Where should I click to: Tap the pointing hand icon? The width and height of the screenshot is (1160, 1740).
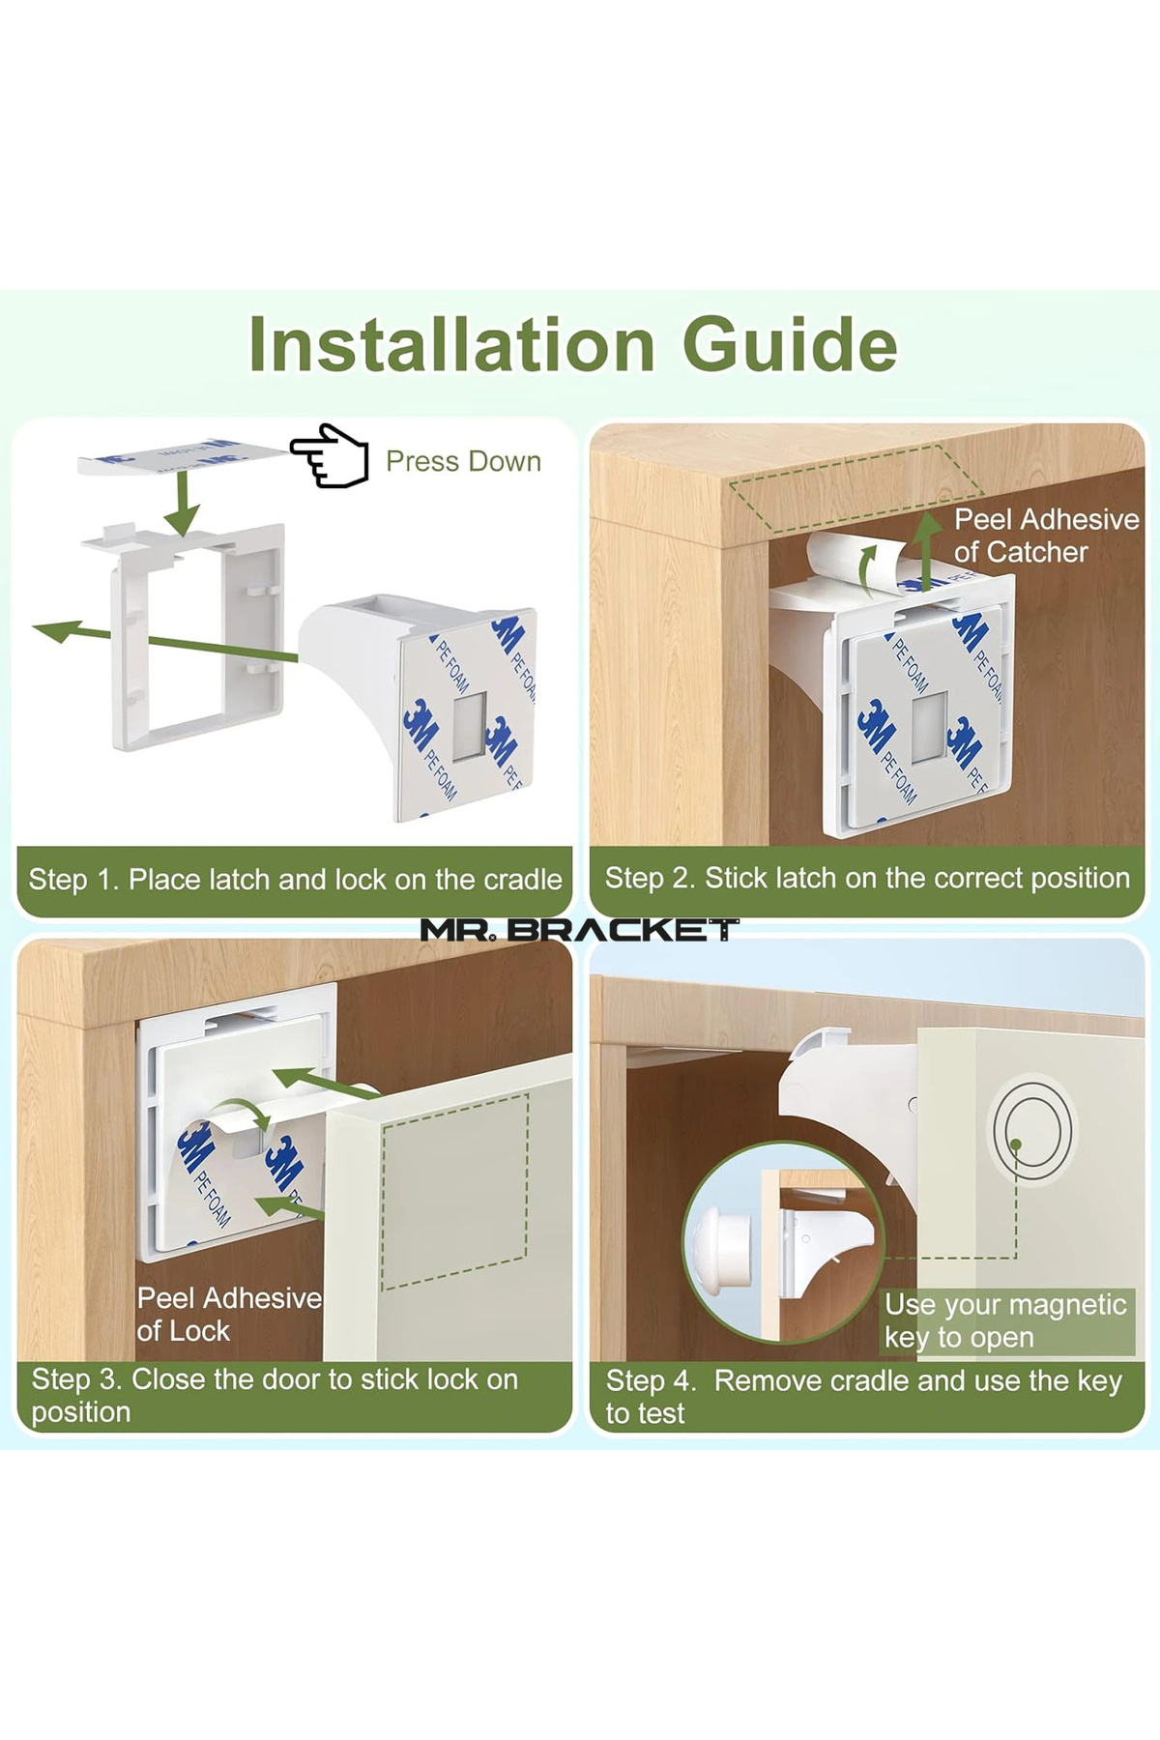coord(330,455)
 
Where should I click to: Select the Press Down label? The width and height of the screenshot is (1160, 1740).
coord(463,461)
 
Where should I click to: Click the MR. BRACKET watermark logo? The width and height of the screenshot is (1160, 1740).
coord(580,930)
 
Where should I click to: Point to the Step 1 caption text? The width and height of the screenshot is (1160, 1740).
coord(295,880)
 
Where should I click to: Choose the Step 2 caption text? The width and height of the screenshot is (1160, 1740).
coord(867,878)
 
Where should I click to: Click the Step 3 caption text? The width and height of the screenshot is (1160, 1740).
coord(275,1395)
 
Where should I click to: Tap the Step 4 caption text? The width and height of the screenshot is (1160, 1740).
coord(863,1397)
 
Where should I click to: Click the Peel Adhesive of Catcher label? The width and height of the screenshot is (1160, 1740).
coord(1047,536)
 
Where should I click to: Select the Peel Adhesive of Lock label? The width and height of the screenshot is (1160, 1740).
coord(229,1314)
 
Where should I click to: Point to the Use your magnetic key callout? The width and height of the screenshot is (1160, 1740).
coord(1005,1320)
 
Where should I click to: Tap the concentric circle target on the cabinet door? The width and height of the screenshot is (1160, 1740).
coord(1032,1131)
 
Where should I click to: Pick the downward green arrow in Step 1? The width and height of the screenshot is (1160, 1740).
coord(182,502)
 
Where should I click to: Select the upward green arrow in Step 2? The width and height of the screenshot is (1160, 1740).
coord(927,551)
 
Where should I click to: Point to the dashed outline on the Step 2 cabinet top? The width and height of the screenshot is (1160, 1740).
coord(855,488)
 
